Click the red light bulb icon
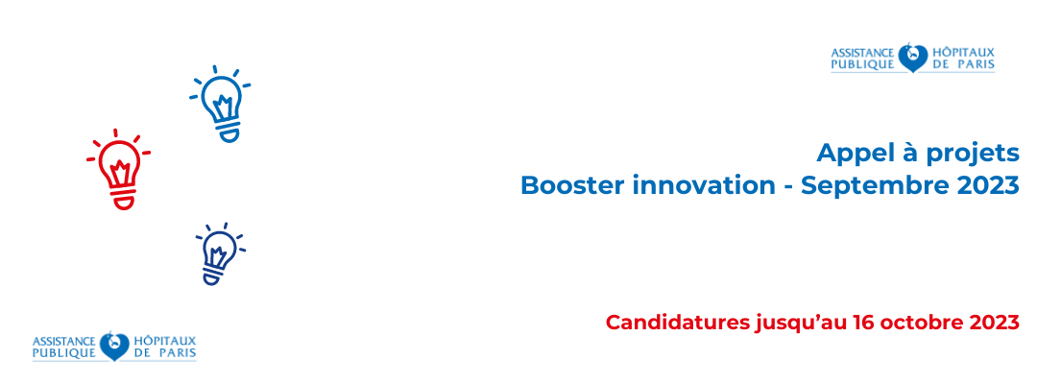click(x=118, y=170)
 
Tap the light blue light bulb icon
click(x=222, y=105)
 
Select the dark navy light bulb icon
click(x=220, y=254)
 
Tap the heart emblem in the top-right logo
click(x=913, y=58)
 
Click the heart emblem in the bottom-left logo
click(x=114, y=347)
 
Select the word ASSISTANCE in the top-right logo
click(x=862, y=52)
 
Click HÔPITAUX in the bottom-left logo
click(x=165, y=341)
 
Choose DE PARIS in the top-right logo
click(x=963, y=64)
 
